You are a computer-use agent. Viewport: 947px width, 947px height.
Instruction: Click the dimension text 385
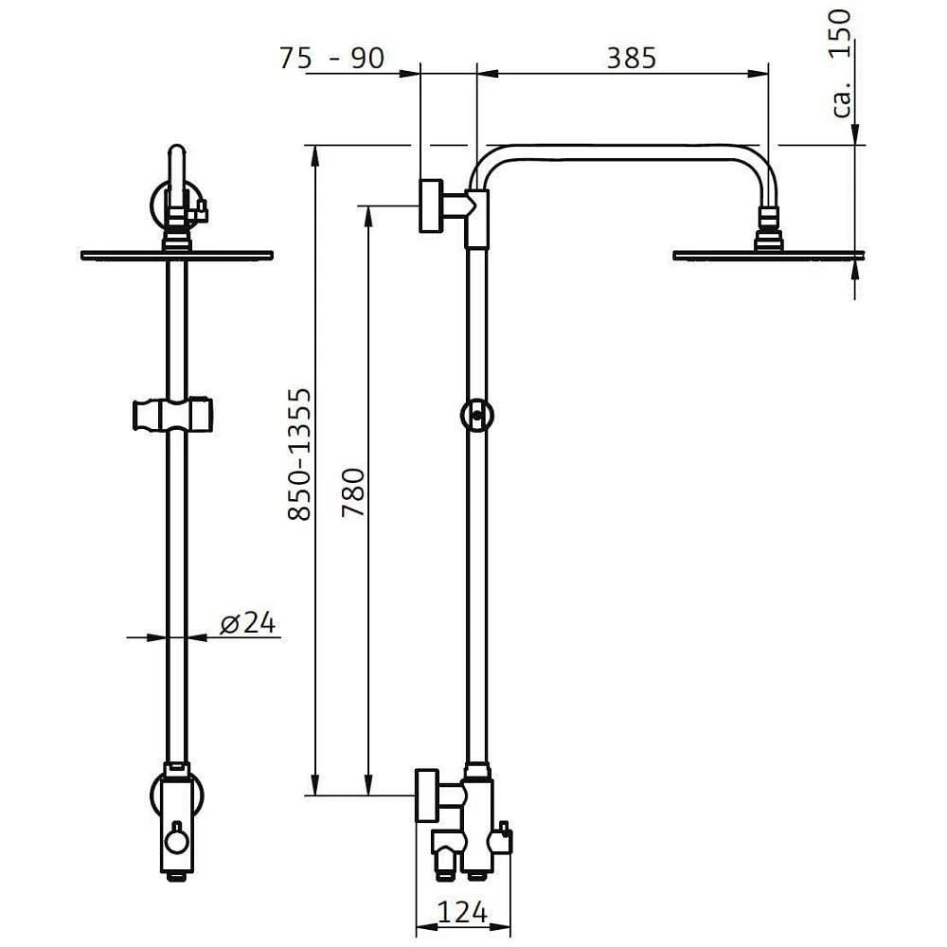click(x=631, y=58)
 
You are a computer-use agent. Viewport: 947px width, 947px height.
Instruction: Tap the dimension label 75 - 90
click(x=331, y=58)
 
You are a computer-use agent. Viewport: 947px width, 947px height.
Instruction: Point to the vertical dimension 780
click(x=352, y=491)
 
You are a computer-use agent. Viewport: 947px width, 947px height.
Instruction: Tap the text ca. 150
click(x=844, y=63)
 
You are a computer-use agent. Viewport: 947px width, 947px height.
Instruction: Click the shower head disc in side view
click(x=768, y=255)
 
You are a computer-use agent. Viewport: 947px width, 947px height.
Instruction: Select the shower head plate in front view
click(x=177, y=254)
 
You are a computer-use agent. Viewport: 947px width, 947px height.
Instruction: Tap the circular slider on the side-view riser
click(x=477, y=415)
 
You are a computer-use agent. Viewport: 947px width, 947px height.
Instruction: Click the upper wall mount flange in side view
click(x=432, y=204)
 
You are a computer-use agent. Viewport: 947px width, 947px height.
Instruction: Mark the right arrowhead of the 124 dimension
click(x=507, y=926)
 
